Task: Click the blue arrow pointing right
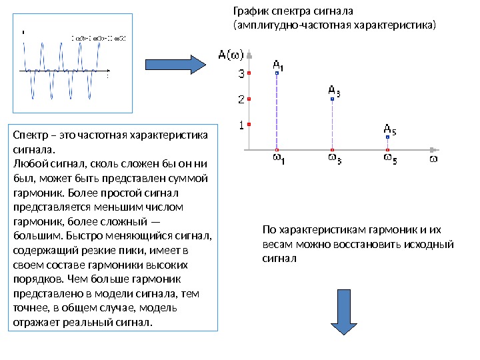click(x=176, y=64)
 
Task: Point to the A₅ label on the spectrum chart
click(x=390, y=129)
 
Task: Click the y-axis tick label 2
click(x=241, y=99)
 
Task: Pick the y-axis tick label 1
click(x=241, y=124)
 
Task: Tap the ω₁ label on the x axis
click(x=277, y=159)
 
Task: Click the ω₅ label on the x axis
click(x=389, y=159)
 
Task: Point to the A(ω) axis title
click(x=232, y=54)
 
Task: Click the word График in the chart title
click(x=249, y=11)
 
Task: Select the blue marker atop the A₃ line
click(x=333, y=99)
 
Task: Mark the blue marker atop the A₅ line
click(x=389, y=137)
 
